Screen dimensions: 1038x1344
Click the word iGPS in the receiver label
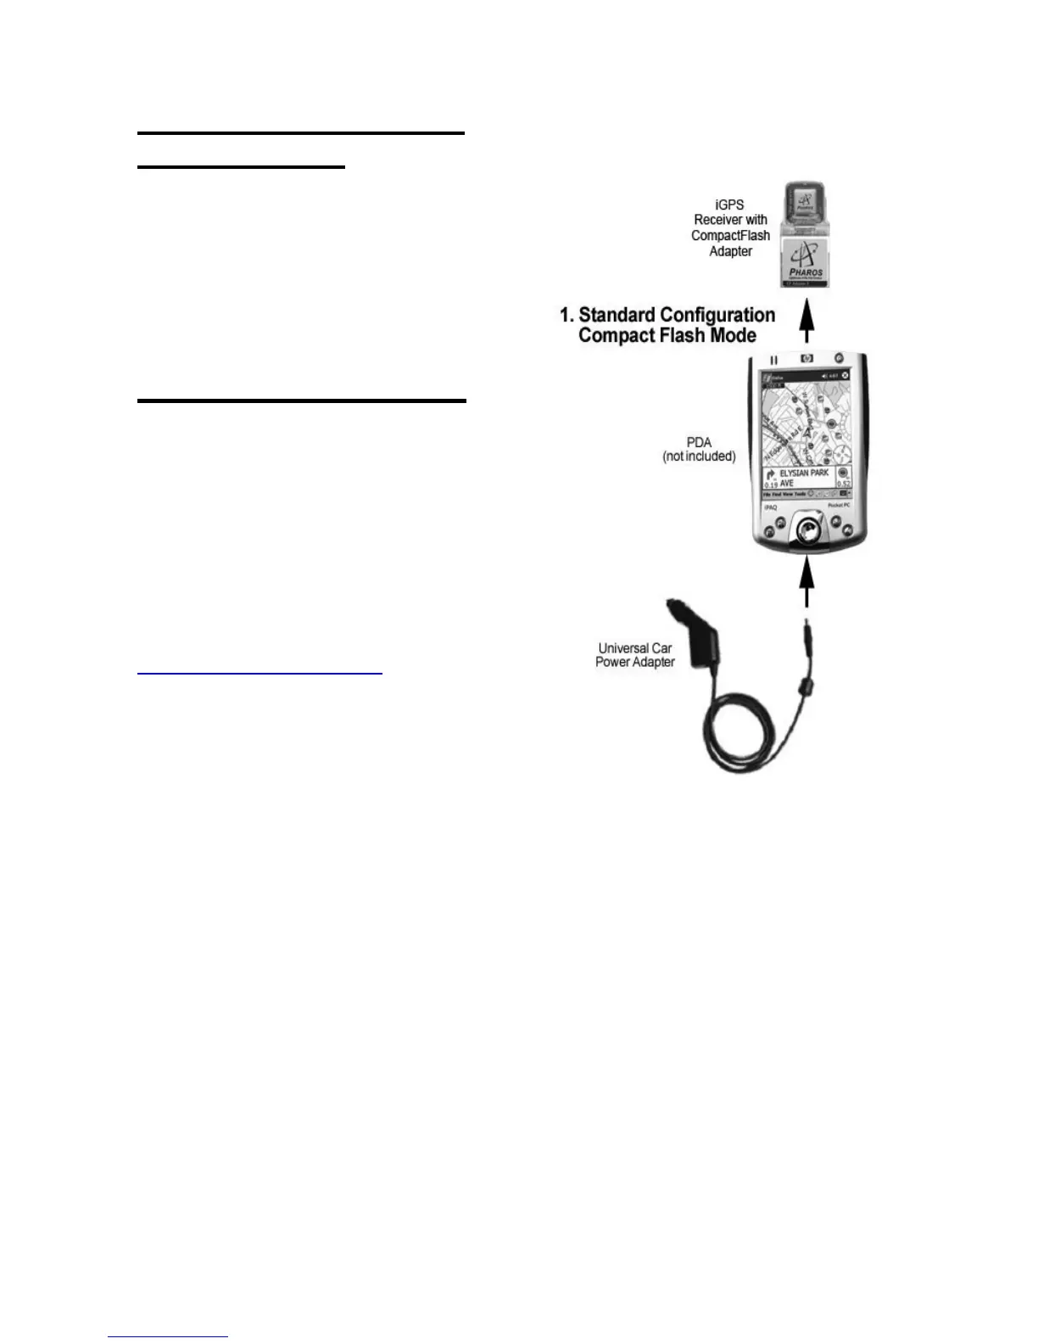pos(729,204)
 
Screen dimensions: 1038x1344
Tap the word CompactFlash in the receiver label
pos(730,235)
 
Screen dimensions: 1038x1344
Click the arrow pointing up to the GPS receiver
pos(807,322)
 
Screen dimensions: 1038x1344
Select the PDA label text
pos(699,442)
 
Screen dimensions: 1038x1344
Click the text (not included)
pos(699,456)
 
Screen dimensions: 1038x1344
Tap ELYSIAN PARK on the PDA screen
pos(804,473)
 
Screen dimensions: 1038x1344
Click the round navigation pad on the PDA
pos(806,531)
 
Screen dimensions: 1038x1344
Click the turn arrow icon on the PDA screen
pos(771,475)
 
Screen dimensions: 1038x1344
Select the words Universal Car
pos(634,648)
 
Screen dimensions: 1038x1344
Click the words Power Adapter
pos(634,663)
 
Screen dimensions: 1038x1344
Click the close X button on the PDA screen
pos(845,376)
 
